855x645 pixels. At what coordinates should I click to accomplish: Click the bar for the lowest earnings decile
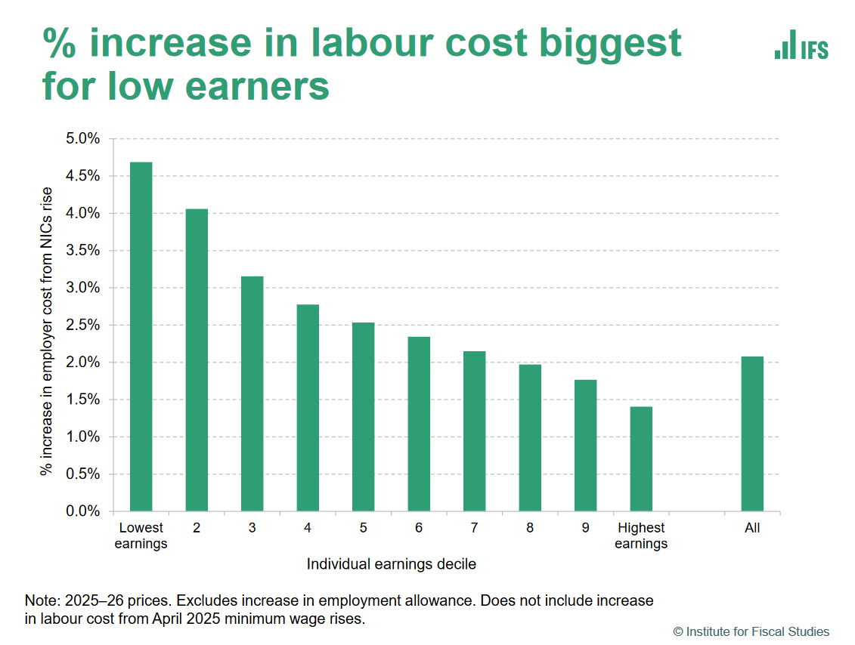(x=141, y=337)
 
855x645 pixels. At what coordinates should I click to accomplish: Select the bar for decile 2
(x=197, y=360)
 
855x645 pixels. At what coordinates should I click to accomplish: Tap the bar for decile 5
(x=363, y=417)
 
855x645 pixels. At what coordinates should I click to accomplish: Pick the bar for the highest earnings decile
(x=641, y=459)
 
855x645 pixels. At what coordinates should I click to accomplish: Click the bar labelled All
(x=752, y=434)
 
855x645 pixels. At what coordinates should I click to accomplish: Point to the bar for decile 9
(x=585, y=446)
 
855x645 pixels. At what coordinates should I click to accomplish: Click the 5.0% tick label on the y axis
(x=83, y=139)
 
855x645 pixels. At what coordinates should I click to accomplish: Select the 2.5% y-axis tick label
(x=83, y=326)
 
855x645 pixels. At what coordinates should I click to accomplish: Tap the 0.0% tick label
(x=83, y=512)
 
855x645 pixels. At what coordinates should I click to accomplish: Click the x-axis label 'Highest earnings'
(x=641, y=535)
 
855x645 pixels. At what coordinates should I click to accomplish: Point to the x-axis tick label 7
(x=474, y=528)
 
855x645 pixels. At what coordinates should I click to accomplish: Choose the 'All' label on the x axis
(x=752, y=528)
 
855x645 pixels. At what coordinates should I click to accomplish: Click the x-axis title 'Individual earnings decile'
(x=391, y=564)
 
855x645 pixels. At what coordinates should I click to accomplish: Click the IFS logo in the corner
(x=801, y=45)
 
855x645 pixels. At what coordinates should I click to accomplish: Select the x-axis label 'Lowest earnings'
(x=141, y=535)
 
